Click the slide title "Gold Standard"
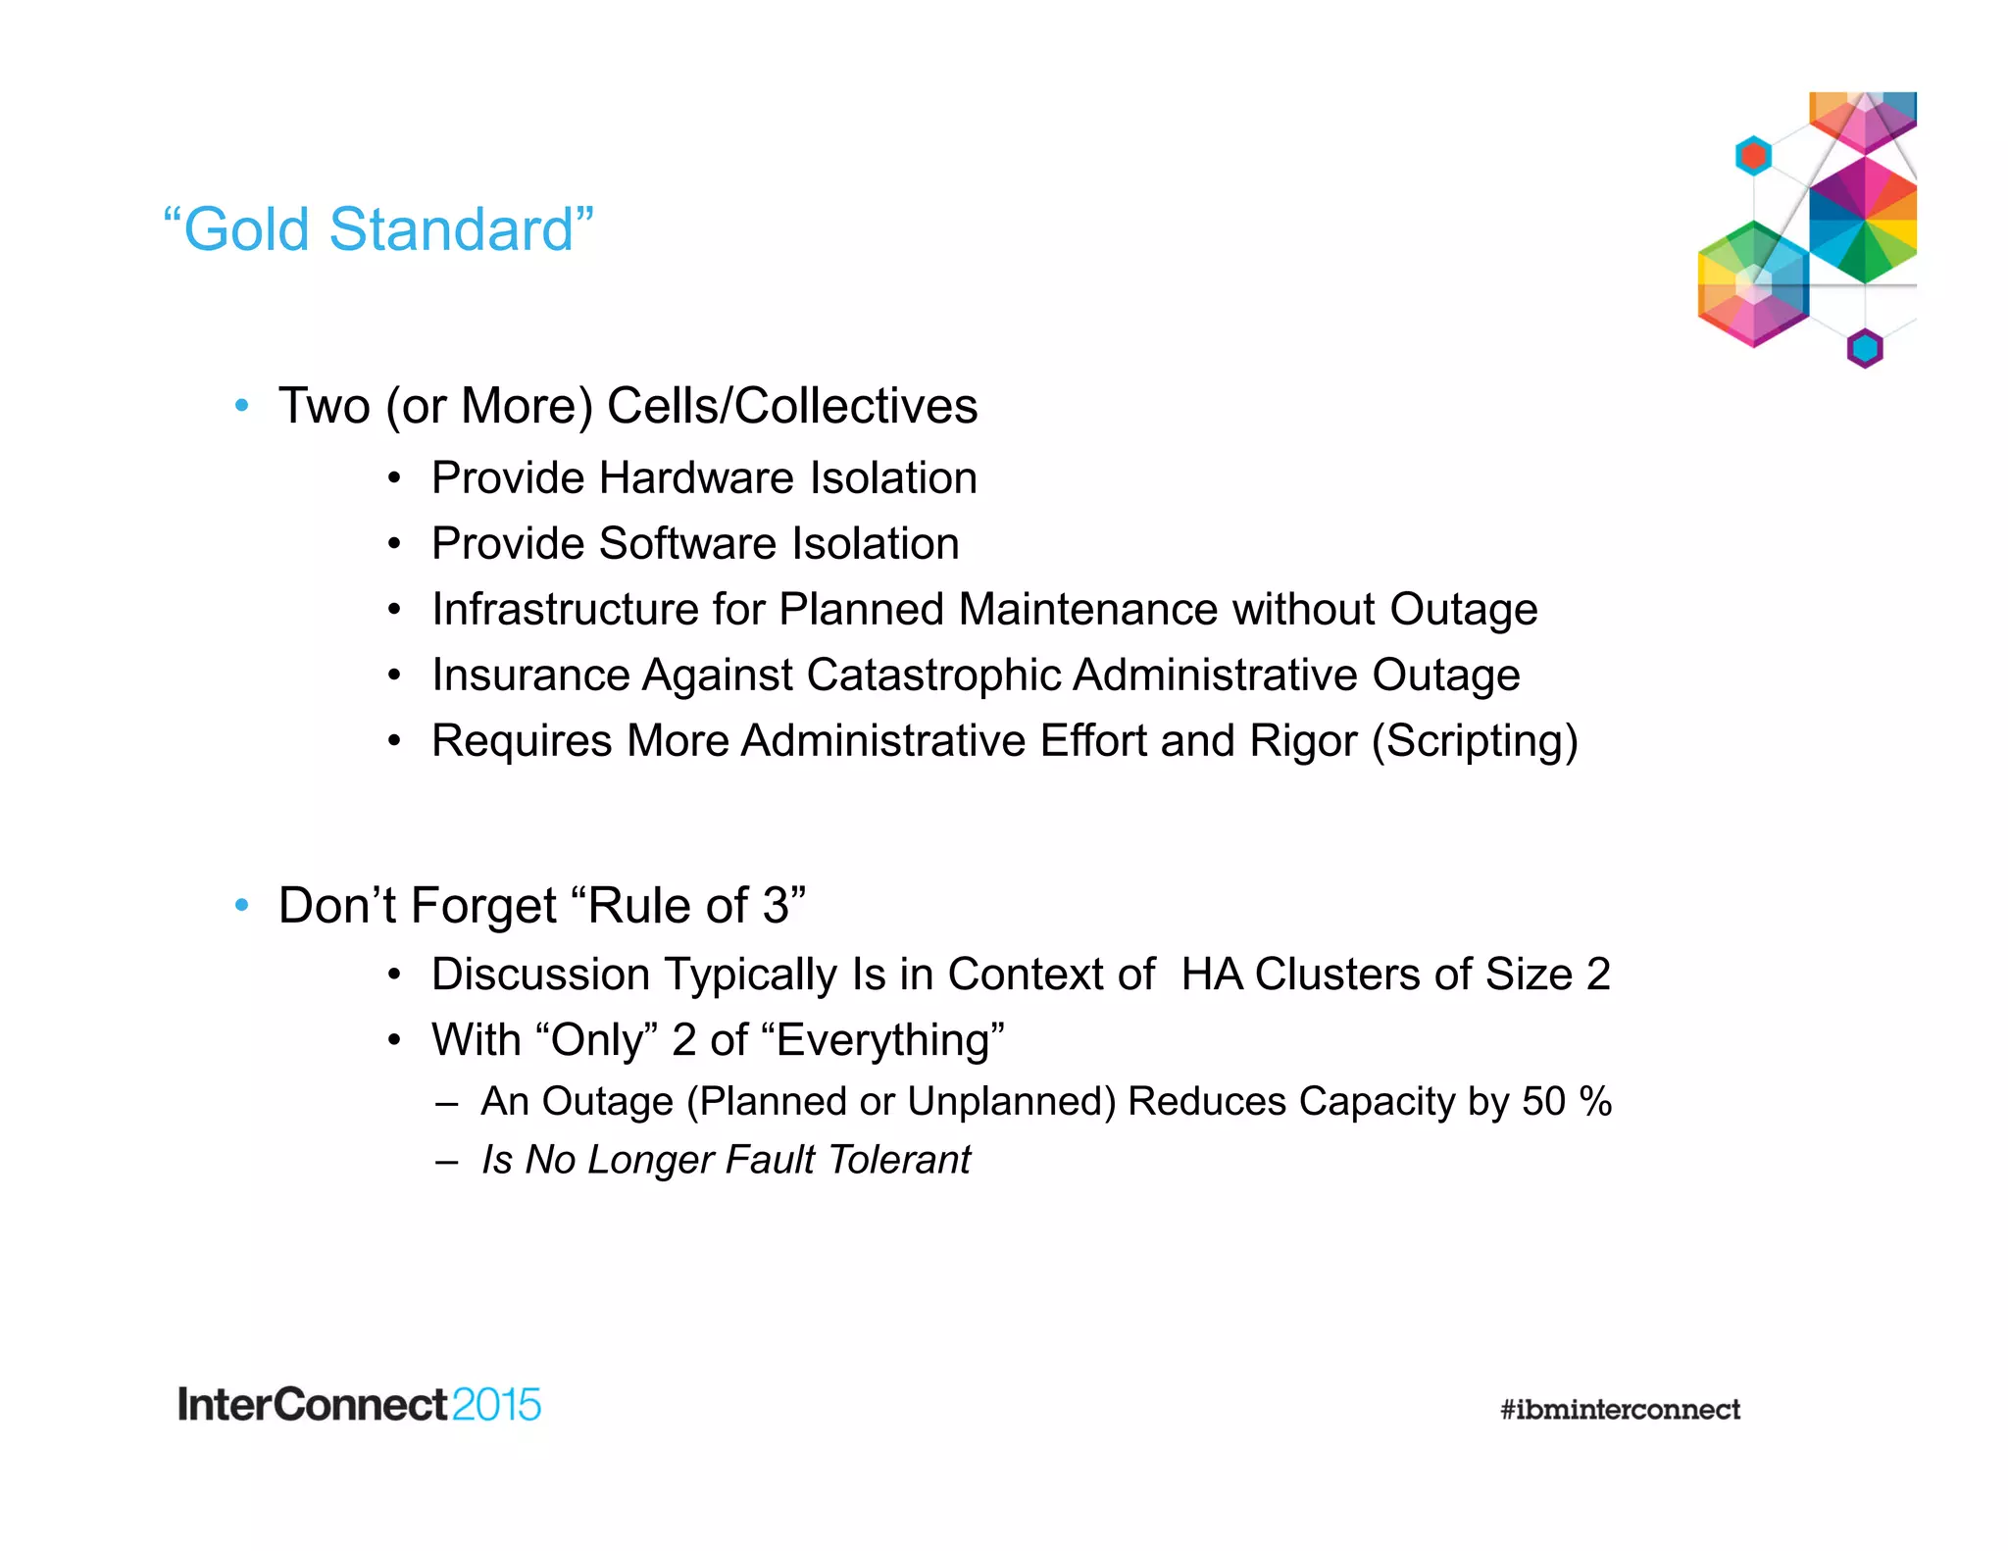[377, 229]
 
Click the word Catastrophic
[933, 675]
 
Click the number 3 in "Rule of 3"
[776, 905]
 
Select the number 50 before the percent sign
[1543, 1102]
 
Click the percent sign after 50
[1595, 1102]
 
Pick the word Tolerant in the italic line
[898, 1160]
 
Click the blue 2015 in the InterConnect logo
[496, 1405]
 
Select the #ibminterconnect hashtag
[1620, 1410]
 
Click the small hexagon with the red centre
[1753, 155]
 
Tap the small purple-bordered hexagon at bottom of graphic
[1865, 348]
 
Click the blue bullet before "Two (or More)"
[242, 406]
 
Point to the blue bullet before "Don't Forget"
[242, 906]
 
